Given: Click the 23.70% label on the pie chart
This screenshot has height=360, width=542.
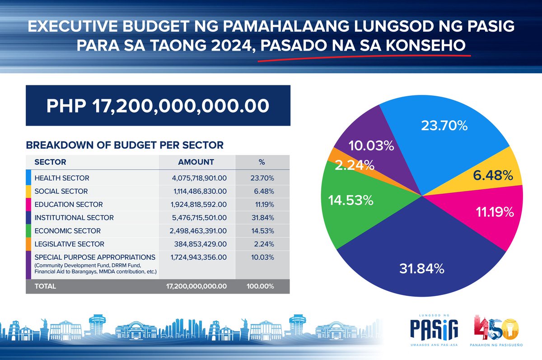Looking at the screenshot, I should (x=444, y=126).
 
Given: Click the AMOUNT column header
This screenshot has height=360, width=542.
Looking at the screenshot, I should (x=196, y=162).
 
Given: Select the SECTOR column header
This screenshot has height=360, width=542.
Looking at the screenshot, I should (x=50, y=162).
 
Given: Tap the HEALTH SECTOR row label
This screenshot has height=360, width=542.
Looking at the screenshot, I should (x=62, y=178).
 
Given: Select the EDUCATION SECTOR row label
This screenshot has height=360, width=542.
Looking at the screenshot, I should (x=69, y=205).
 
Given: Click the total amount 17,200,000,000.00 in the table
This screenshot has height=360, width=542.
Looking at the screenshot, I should (x=196, y=286).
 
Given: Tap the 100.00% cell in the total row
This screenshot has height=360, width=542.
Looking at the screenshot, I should (x=260, y=286).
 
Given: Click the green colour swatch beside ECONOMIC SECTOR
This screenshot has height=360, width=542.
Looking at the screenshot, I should (x=28, y=231).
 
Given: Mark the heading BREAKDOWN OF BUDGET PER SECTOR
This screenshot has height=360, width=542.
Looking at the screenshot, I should (x=125, y=145).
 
